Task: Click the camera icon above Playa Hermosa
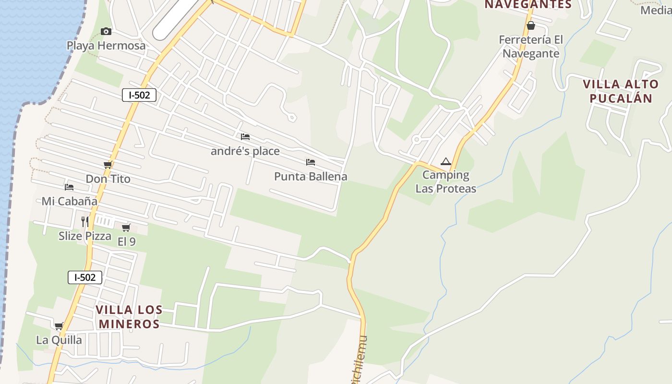click(106, 32)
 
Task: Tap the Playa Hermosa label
click(106, 46)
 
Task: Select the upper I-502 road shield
click(139, 95)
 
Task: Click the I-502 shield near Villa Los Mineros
click(85, 277)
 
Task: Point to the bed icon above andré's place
click(245, 137)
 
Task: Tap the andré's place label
click(245, 151)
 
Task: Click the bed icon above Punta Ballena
click(311, 162)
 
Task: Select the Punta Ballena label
click(311, 177)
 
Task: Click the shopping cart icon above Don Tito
click(108, 165)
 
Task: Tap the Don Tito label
click(108, 179)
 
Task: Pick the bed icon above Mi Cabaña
click(69, 187)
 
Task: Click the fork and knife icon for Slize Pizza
click(85, 221)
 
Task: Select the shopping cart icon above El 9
click(126, 228)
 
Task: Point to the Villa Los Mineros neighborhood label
click(129, 317)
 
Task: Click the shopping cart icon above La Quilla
click(59, 326)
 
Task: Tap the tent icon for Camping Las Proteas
click(446, 162)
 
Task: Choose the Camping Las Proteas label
click(446, 182)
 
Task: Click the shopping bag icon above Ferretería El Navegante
click(531, 25)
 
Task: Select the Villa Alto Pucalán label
click(621, 91)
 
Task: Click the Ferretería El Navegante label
click(531, 47)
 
